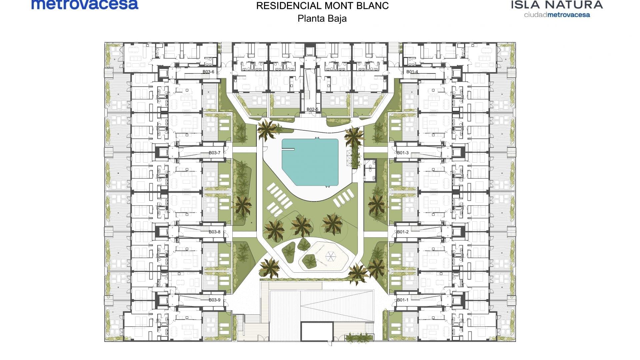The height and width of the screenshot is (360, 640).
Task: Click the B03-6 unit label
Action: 208,72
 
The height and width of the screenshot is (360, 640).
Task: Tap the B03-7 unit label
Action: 215,153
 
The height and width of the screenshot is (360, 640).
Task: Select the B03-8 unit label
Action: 215,232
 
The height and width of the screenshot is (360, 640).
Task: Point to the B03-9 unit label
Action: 215,300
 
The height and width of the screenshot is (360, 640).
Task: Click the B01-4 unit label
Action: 412,72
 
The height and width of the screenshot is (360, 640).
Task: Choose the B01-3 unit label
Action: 403,153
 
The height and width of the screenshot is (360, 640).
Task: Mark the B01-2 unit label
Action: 403,232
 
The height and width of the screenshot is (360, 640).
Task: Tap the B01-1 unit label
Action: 403,300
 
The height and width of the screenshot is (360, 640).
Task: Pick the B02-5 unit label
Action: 312,109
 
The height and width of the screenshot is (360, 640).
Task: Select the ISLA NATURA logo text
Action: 557,5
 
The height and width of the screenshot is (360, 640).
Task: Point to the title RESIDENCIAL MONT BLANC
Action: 322,6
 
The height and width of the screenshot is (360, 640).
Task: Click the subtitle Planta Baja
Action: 322,18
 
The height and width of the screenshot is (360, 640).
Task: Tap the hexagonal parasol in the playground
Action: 331,256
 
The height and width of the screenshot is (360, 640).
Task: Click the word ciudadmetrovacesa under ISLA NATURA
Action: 557,15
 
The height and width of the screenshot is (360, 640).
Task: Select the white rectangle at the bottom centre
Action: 317,332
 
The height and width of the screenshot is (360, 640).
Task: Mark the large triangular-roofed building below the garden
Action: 322,306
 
